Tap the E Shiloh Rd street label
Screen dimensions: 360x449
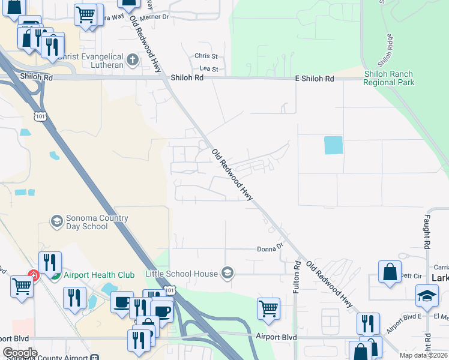(x=315, y=79)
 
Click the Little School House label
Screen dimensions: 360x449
(x=181, y=274)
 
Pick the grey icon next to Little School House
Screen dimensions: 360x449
(x=227, y=274)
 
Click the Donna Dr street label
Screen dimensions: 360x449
(x=270, y=248)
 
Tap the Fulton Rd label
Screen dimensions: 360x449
(x=297, y=277)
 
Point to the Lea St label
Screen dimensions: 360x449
(x=208, y=70)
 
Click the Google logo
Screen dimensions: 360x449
(x=20, y=353)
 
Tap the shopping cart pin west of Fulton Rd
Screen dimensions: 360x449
(x=269, y=309)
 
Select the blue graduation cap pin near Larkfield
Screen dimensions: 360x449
(x=427, y=296)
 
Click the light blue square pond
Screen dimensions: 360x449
(x=333, y=145)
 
